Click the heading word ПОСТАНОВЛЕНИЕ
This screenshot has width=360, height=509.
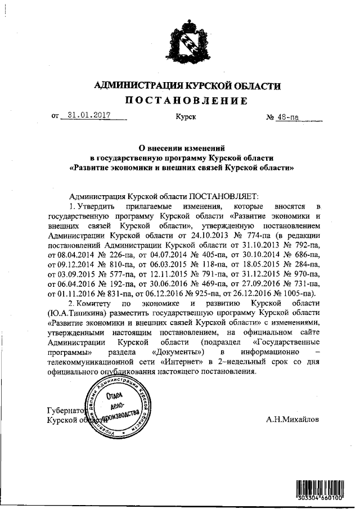click(x=186, y=101)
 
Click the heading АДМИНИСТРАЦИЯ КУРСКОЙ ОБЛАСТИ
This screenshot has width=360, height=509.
click(x=186, y=85)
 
